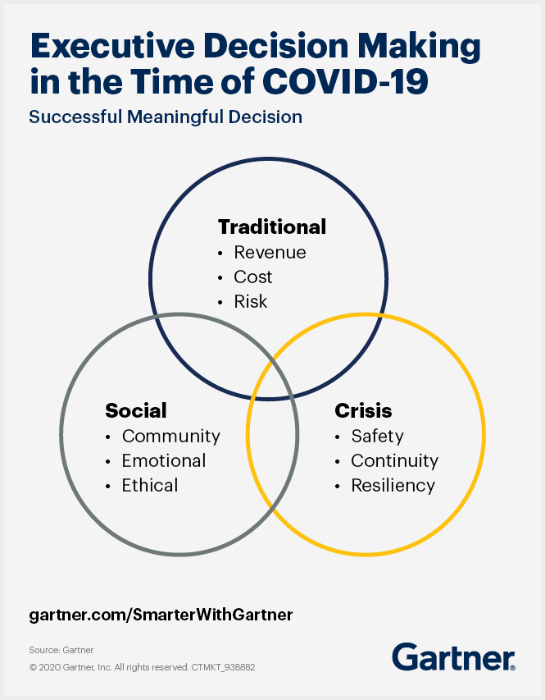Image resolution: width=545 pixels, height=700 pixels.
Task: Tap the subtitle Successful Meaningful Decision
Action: click(x=166, y=117)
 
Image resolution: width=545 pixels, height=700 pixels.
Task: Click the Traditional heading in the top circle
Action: click(x=272, y=226)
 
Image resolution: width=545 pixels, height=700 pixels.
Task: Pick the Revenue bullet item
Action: click(x=270, y=253)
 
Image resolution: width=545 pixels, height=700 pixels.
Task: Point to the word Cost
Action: click(x=252, y=277)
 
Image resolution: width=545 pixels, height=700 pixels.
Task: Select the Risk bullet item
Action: click(x=251, y=302)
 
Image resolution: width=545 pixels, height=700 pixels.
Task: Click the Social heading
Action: click(x=136, y=410)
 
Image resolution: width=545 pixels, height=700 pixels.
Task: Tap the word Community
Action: click(x=170, y=436)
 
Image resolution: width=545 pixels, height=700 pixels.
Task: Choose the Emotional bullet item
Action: click(x=164, y=460)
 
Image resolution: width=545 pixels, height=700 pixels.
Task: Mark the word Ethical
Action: click(x=150, y=485)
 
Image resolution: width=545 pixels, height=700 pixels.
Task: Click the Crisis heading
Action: click(x=363, y=410)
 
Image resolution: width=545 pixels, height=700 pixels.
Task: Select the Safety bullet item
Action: click(x=377, y=436)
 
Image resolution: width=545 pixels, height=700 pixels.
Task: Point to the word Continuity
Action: click(x=394, y=460)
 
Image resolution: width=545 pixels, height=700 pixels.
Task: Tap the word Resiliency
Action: click(x=393, y=485)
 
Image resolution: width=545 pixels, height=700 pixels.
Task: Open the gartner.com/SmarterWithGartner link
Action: click(x=161, y=614)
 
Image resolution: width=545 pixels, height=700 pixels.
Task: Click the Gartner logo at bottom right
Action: click(x=453, y=657)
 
